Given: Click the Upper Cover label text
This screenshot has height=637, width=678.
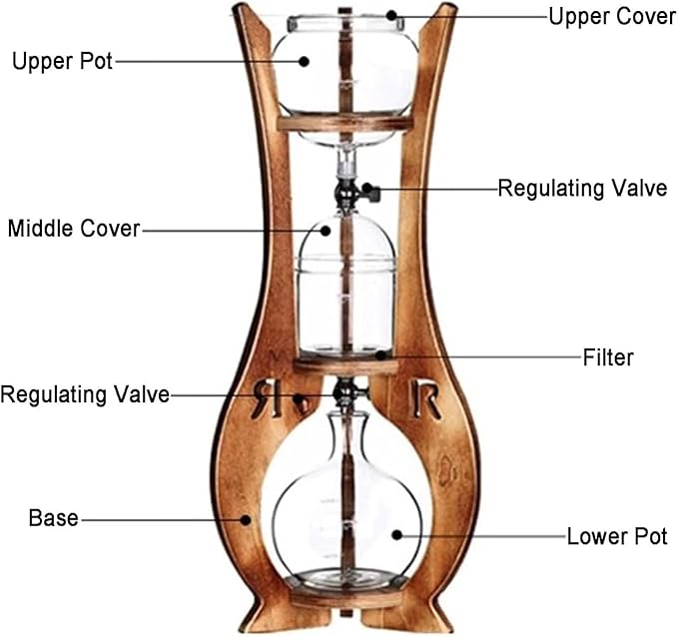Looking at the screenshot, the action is pyautogui.click(x=612, y=17).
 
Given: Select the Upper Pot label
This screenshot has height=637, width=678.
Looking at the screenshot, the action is pyautogui.click(x=62, y=62).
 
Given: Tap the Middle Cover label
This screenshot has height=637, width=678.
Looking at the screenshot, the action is pyautogui.click(x=74, y=229).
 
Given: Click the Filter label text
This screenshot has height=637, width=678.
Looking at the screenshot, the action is pyautogui.click(x=608, y=357).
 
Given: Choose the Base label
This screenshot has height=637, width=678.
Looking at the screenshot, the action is pyautogui.click(x=54, y=517).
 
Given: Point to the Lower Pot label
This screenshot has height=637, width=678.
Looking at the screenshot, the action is pyautogui.click(x=617, y=537).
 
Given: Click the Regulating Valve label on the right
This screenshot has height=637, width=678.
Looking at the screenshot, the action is pyautogui.click(x=582, y=189).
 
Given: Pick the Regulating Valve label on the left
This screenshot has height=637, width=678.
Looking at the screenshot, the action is pyautogui.click(x=85, y=394).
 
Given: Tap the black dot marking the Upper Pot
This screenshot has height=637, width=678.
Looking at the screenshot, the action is pyautogui.click(x=304, y=62).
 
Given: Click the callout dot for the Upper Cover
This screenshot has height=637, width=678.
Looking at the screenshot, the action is pyautogui.click(x=391, y=16).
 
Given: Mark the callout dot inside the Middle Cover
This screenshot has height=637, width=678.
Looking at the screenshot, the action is pyautogui.click(x=326, y=231).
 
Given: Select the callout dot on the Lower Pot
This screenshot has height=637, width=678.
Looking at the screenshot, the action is pyautogui.click(x=397, y=535).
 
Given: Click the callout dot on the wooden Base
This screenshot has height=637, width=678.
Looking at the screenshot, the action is pyautogui.click(x=246, y=520).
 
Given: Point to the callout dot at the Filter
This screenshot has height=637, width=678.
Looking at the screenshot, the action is pyautogui.click(x=380, y=355).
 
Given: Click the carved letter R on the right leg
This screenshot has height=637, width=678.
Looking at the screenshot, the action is pyautogui.click(x=426, y=399).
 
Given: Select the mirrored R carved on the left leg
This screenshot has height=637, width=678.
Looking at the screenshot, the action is pyautogui.click(x=267, y=398).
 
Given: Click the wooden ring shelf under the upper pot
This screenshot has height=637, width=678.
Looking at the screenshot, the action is pyautogui.click(x=345, y=123).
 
